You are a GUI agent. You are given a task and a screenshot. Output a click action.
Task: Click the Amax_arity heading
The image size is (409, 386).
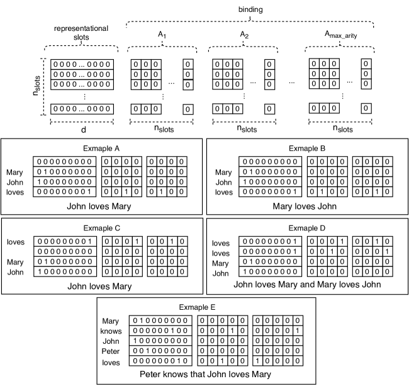pos(336,37)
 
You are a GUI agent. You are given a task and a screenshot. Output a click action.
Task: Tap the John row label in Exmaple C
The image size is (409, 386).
pos(16,272)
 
